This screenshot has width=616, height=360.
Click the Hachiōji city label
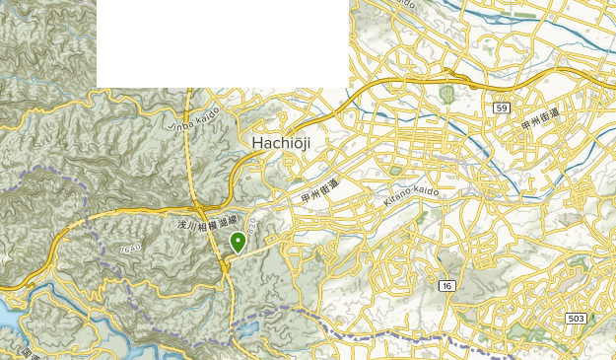[x=281, y=143]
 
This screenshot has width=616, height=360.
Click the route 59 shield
[x=502, y=106]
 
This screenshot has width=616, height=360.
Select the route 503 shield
[x=577, y=318]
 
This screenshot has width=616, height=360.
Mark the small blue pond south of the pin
[x=247, y=329]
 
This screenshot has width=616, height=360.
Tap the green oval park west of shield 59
[x=446, y=95]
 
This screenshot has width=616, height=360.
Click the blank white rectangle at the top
[x=222, y=43]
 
